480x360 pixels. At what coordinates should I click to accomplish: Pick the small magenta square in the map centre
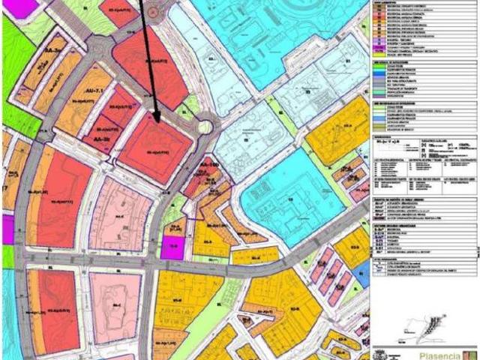[x=172, y=247]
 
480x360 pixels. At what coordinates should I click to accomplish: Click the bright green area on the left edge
[x=13, y=60]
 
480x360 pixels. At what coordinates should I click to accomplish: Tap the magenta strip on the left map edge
[x=7, y=229]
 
